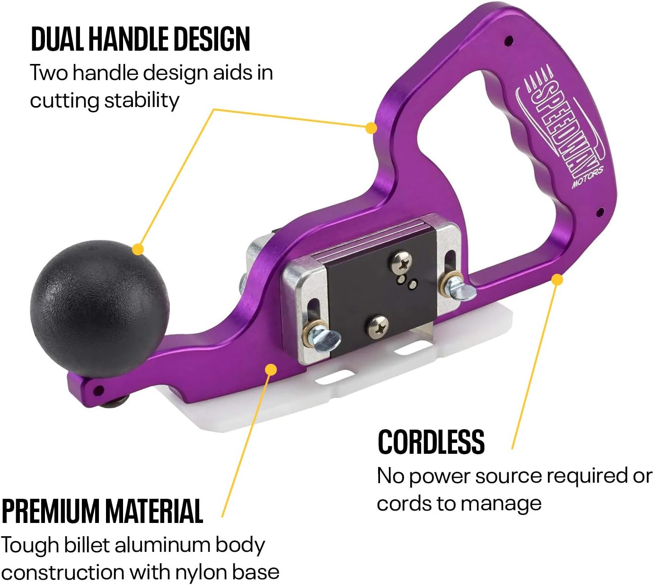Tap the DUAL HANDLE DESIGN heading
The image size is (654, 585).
coord(140,39)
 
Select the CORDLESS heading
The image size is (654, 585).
coord(431,441)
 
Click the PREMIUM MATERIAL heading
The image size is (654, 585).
coord(102,511)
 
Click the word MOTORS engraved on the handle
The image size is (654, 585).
coord(587,178)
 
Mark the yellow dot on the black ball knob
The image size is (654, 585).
coord(138,249)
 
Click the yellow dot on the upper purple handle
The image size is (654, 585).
coord(371,128)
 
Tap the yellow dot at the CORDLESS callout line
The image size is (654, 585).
coord(557,279)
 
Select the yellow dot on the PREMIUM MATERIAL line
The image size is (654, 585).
coord(271,369)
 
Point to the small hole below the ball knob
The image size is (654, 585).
coord(99,391)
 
